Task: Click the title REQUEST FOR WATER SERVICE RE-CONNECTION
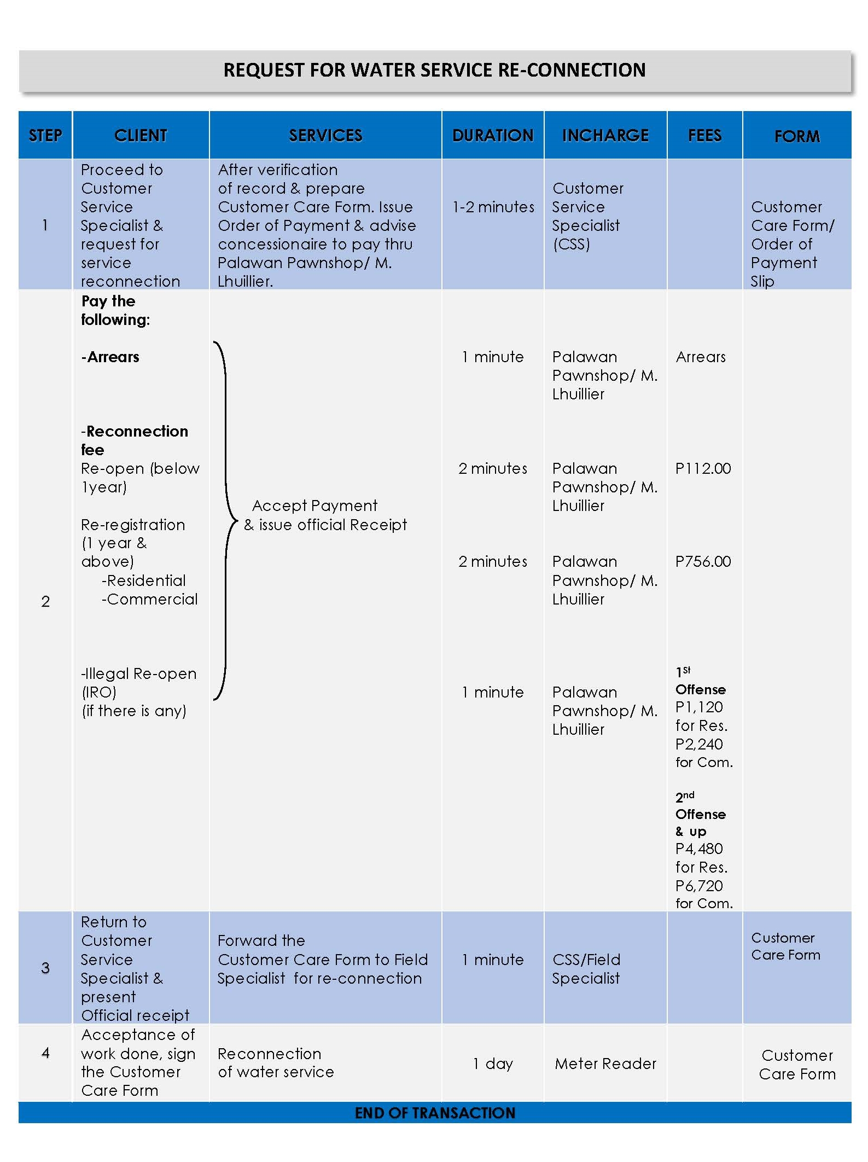(x=434, y=70)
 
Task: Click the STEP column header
(x=45, y=135)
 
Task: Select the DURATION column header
(x=493, y=135)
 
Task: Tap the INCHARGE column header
(x=605, y=135)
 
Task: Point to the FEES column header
(x=704, y=135)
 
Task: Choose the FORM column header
(x=797, y=136)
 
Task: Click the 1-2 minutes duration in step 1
(x=493, y=207)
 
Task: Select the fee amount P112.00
(x=703, y=468)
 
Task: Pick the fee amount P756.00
(x=703, y=561)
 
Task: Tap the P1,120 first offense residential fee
(x=699, y=707)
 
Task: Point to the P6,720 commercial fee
(x=699, y=885)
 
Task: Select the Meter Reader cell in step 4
(x=605, y=1064)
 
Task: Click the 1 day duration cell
(x=493, y=1064)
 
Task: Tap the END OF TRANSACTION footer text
(x=435, y=1113)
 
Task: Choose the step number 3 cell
(x=45, y=968)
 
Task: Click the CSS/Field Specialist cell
(x=586, y=969)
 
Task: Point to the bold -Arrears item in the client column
(x=110, y=357)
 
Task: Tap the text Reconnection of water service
(x=276, y=1063)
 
